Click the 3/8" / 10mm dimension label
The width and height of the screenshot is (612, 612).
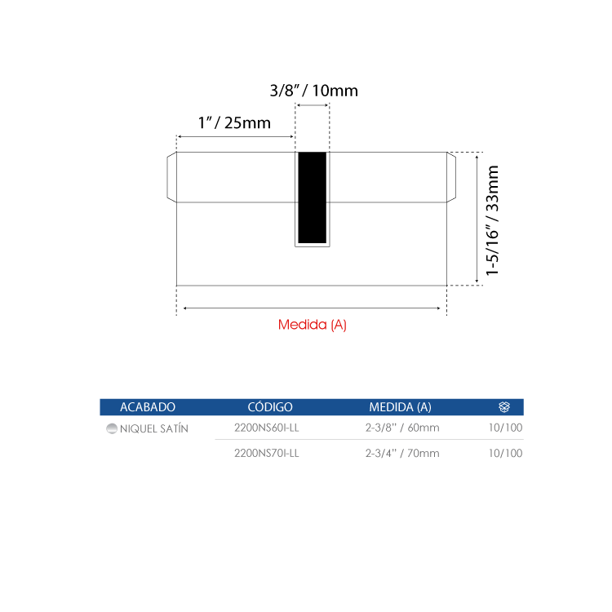[x=314, y=91]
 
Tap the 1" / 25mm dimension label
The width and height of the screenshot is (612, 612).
[x=234, y=123]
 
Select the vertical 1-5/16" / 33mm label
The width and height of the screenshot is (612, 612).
[x=492, y=220]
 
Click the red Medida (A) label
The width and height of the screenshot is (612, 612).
[x=313, y=324]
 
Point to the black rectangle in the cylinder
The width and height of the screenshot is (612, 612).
[x=313, y=197]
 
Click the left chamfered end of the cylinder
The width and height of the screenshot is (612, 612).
[x=171, y=177]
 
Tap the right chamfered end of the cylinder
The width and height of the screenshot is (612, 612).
[x=451, y=177]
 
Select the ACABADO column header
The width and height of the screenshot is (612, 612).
[x=148, y=407]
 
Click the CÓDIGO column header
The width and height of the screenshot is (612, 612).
[x=270, y=406]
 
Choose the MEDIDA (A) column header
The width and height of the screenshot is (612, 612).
[x=400, y=407]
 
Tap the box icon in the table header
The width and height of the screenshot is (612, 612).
[x=504, y=406]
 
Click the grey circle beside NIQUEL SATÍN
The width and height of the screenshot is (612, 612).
[x=112, y=428]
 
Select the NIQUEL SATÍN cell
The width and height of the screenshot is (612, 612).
[x=153, y=428]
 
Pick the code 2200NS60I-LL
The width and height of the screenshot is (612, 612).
[x=267, y=428]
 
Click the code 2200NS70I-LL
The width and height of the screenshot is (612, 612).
[x=267, y=453]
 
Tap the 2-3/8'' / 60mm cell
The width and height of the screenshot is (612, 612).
[x=402, y=428]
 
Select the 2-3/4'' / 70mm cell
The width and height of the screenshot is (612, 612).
[x=402, y=453]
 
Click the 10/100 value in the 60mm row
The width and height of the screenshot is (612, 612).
[x=505, y=428]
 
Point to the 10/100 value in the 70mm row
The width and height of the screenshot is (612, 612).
[x=505, y=453]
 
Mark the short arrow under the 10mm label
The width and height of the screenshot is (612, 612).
[x=313, y=105]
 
